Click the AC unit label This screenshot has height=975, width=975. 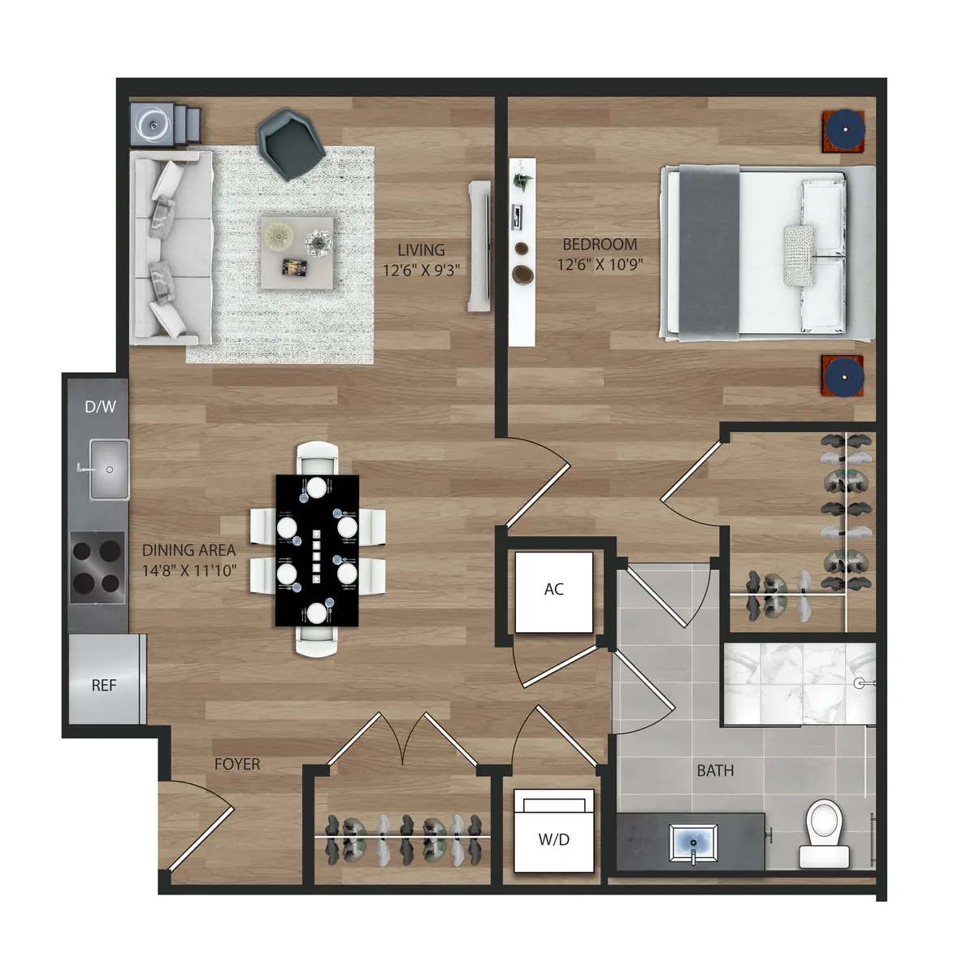(x=554, y=590)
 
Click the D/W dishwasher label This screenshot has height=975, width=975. (x=101, y=406)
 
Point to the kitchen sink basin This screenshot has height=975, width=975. (x=109, y=469)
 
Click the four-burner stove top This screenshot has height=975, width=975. (x=97, y=567)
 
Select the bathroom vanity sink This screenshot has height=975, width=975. (x=692, y=841)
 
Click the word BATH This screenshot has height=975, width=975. (x=715, y=770)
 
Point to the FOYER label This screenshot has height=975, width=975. (x=237, y=765)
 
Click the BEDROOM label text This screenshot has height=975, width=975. (x=600, y=244)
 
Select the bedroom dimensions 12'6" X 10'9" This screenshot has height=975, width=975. (x=600, y=264)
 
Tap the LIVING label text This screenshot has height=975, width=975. (x=421, y=249)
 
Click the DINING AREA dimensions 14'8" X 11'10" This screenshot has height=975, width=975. (x=189, y=570)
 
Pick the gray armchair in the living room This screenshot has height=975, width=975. (x=291, y=141)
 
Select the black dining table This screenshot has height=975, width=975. (x=317, y=551)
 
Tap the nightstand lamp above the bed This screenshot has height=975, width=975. (x=842, y=130)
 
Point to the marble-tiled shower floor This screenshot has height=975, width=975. (x=796, y=682)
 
